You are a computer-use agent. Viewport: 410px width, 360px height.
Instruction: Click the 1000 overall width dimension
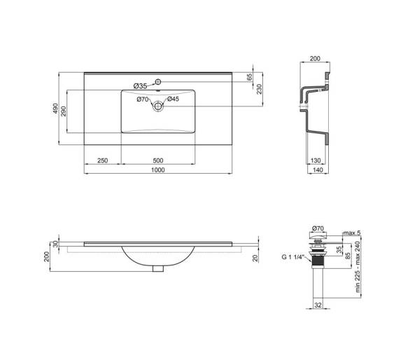158,170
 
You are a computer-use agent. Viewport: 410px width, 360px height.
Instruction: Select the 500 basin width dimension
158,160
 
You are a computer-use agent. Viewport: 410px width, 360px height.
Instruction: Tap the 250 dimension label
102,160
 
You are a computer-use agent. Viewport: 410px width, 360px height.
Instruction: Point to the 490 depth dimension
55,108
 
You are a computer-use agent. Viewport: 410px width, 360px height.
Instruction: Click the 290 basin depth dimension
64,111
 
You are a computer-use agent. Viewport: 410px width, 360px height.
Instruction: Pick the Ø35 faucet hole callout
140,86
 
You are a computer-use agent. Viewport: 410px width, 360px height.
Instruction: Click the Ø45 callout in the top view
173,99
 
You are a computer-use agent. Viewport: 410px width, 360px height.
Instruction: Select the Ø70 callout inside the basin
143,99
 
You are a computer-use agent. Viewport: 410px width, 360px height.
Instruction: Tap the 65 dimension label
250,77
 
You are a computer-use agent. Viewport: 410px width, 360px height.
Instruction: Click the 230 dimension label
259,89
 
